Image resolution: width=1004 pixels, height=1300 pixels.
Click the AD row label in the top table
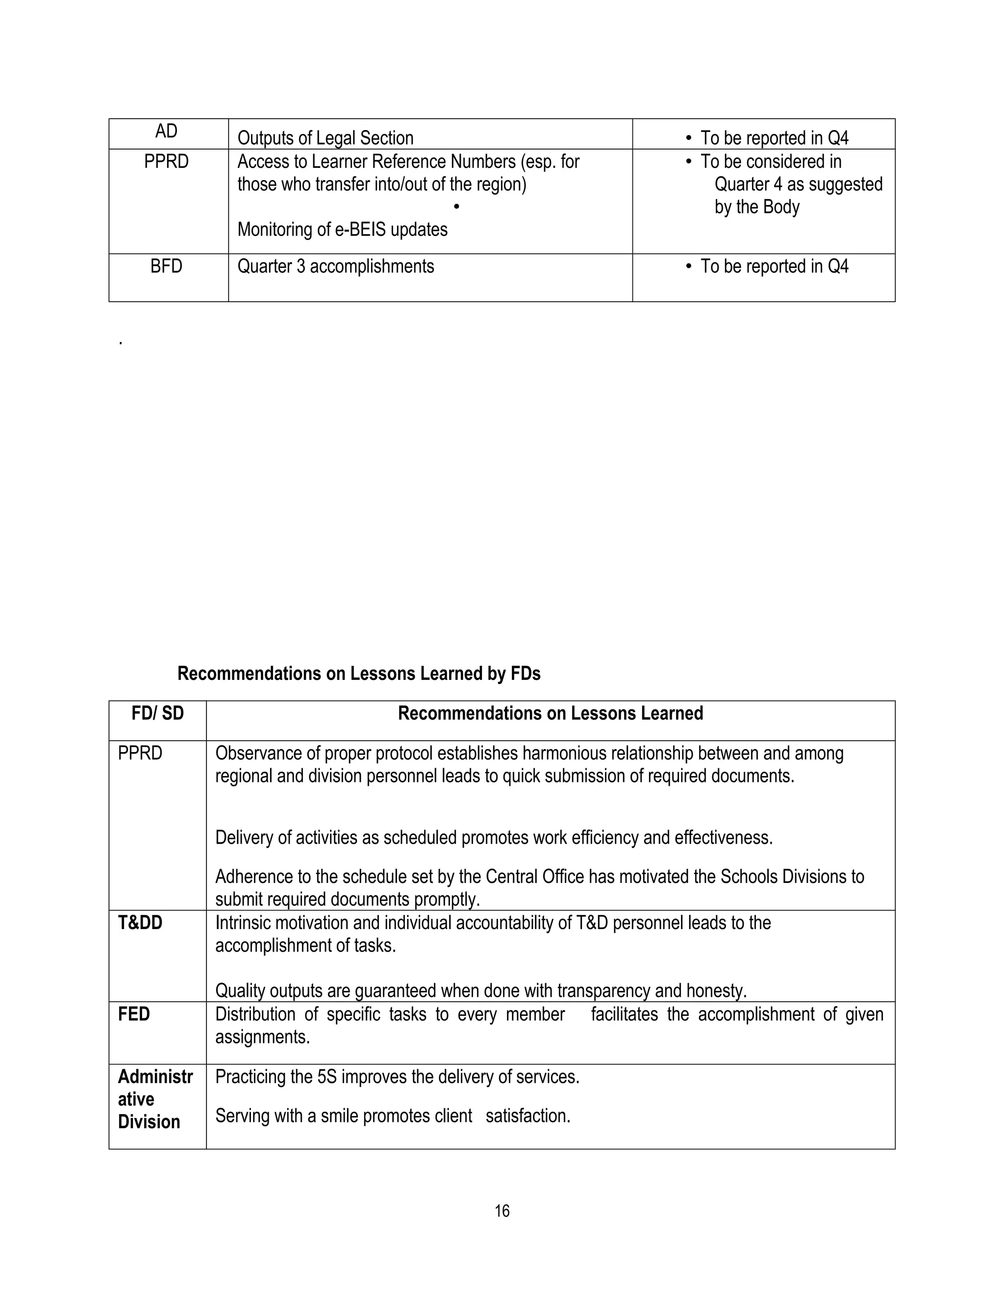(x=167, y=131)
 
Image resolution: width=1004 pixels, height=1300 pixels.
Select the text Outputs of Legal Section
(x=326, y=138)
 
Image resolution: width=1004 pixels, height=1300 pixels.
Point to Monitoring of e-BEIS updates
(x=342, y=229)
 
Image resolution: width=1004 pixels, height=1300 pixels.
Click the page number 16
(x=502, y=1211)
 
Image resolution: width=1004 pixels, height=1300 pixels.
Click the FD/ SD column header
(x=158, y=713)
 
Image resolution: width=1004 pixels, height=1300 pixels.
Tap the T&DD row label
(x=140, y=923)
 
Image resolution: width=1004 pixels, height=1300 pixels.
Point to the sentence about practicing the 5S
(x=397, y=1077)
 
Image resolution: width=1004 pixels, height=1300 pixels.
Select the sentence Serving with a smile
(x=393, y=1116)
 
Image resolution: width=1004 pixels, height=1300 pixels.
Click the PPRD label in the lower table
(x=140, y=754)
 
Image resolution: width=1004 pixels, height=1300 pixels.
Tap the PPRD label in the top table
(x=167, y=161)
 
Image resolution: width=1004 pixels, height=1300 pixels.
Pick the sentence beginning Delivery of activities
(x=494, y=837)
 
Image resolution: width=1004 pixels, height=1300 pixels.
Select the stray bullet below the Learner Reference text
(x=456, y=207)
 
